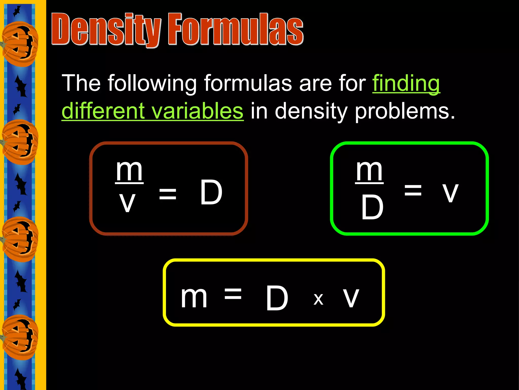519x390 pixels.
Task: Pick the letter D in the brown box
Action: pyautogui.click(x=211, y=192)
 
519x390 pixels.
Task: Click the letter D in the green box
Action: pyautogui.click(x=372, y=207)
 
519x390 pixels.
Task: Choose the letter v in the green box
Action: pyautogui.click(x=450, y=192)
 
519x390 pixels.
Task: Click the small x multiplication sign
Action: pyautogui.click(x=318, y=299)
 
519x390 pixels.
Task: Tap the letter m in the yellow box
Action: pyautogui.click(x=194, y=297)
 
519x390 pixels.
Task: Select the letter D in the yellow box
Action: pyautogui.click(x=277, y=298)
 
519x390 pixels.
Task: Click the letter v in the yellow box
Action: pyautogui.click(x=351, y=298)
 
